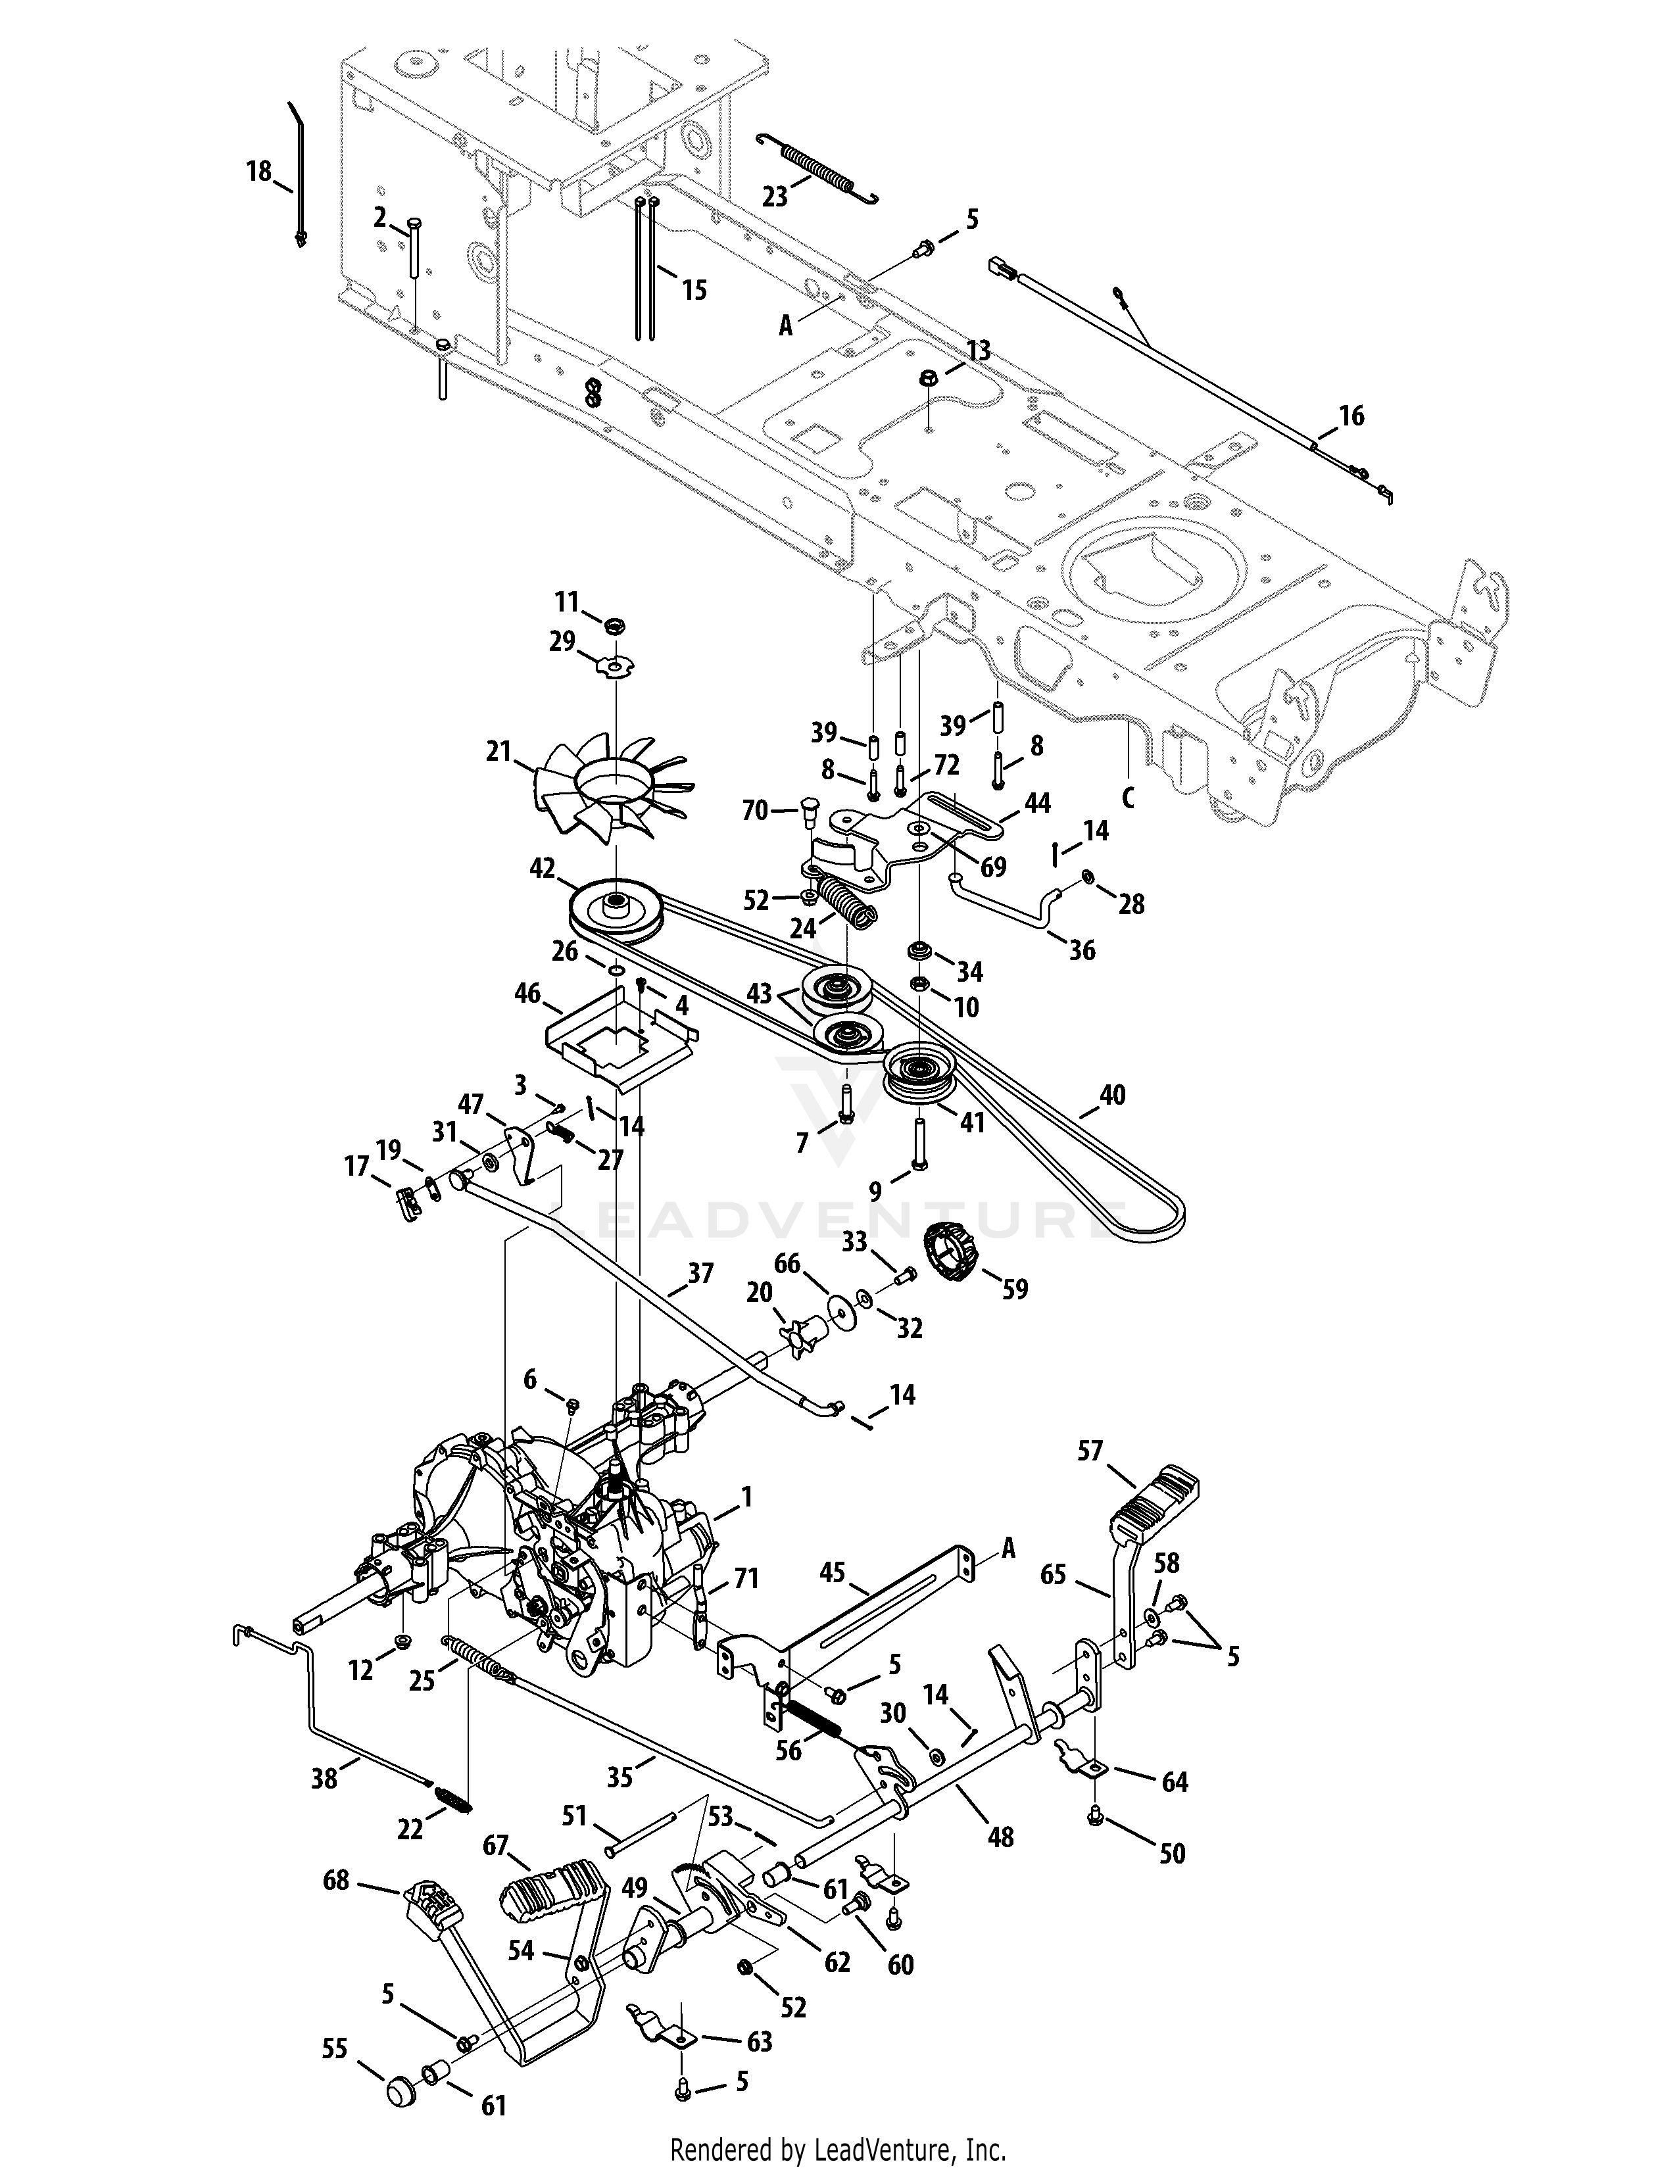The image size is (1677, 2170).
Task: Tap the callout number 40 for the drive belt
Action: pos(1113,1094)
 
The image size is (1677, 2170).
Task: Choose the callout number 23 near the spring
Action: pos(774,196)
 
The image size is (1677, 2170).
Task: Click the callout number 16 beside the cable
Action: pos(1351,416)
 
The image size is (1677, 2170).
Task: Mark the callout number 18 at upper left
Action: pos(259,172)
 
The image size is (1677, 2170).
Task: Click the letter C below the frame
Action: pos(1128,797)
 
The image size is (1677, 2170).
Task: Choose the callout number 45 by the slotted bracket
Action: pos(831,1572)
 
